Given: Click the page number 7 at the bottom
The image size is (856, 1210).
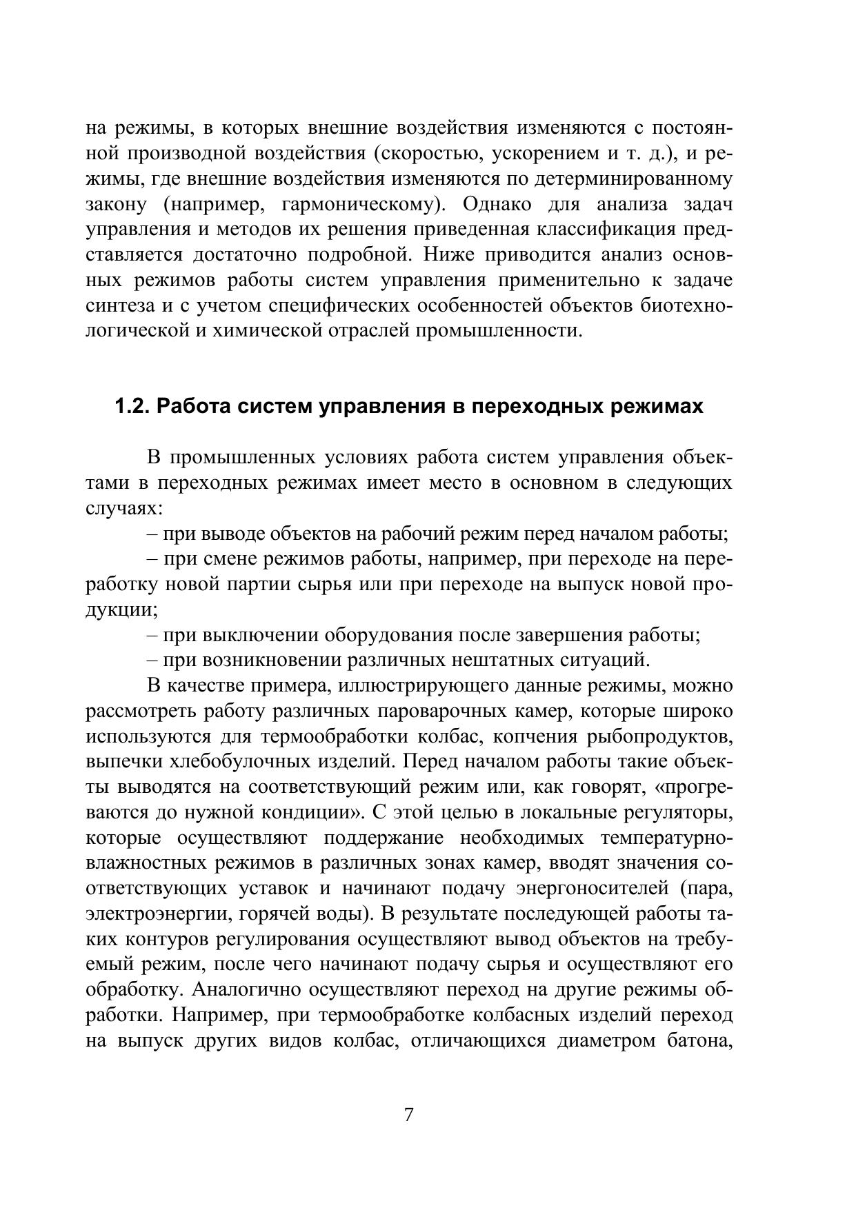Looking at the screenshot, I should [408, 1115].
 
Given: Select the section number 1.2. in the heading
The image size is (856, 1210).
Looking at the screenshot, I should [132, 407].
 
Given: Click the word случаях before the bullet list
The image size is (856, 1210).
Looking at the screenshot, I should [122, 509].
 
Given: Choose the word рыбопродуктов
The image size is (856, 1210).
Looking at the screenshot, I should [659, 736].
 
